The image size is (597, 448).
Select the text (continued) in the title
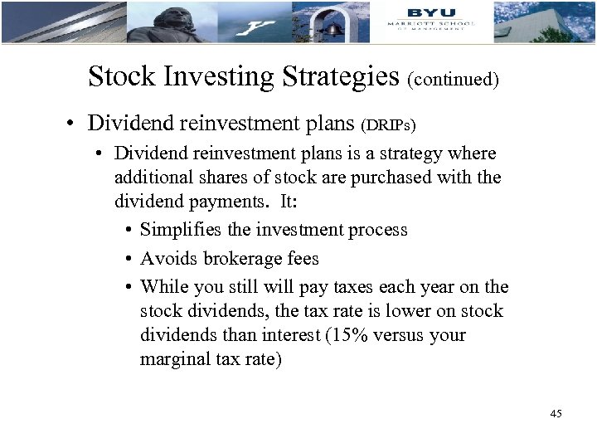453,80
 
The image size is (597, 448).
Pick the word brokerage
242,259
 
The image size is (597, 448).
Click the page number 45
556,413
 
